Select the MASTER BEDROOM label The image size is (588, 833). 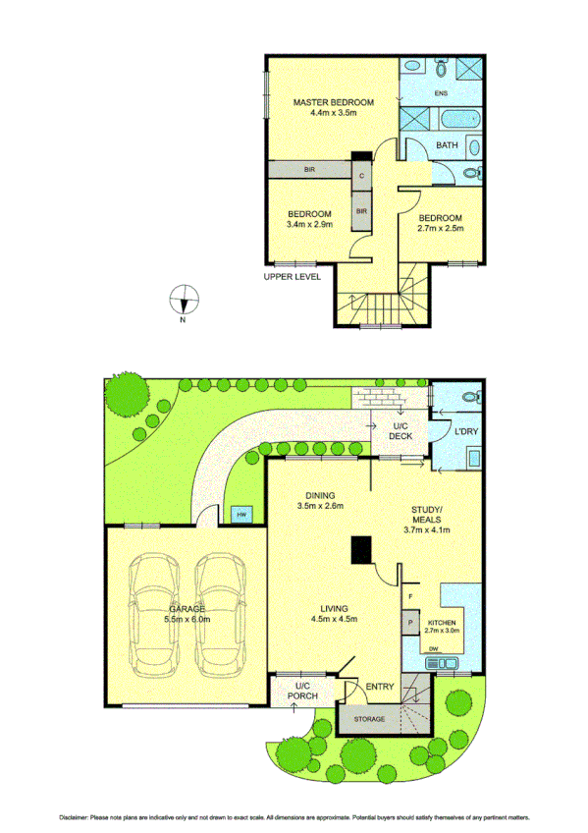[334, 103]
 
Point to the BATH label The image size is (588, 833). [447, 146]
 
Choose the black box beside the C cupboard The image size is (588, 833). [361, 156]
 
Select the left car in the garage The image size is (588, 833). [153, 617]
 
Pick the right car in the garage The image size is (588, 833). [219, 617]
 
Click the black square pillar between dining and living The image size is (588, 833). [362, 548]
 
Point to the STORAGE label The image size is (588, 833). [370, 720]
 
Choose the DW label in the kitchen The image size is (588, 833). [434, 650]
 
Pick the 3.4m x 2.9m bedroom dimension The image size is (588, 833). [309, 224]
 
